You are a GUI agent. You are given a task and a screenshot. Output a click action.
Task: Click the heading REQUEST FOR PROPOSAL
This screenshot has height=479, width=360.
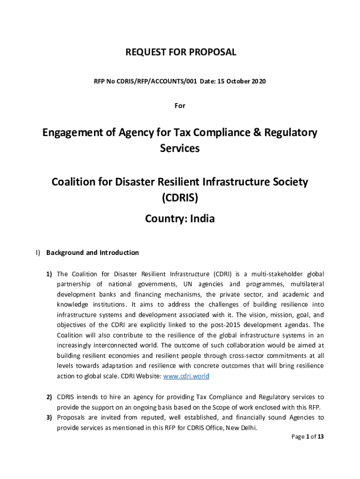tap(180, 52)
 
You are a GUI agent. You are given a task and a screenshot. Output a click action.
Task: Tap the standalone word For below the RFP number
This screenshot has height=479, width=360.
tap(180, 106)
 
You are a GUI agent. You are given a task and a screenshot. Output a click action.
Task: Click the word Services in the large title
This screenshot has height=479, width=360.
tap(180, 148)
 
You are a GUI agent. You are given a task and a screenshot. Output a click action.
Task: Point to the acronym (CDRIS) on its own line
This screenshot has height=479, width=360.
tap(180, 198)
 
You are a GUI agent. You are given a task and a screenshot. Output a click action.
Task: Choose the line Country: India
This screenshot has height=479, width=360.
tap(180, 218)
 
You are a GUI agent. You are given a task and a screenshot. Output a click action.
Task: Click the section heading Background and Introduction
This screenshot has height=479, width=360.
tap(92, 253)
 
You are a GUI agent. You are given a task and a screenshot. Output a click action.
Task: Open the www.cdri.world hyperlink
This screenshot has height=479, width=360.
tap(186, 377)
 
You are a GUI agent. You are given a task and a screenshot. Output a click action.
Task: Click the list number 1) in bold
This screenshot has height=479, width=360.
tap(49, 274)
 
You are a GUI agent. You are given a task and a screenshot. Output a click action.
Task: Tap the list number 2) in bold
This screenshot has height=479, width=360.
tap(49, 397)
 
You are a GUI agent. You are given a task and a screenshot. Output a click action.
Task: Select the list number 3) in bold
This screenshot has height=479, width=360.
tap(49, 417)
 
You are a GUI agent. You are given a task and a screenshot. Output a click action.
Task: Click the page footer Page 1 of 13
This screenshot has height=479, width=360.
tap(308, 437)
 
